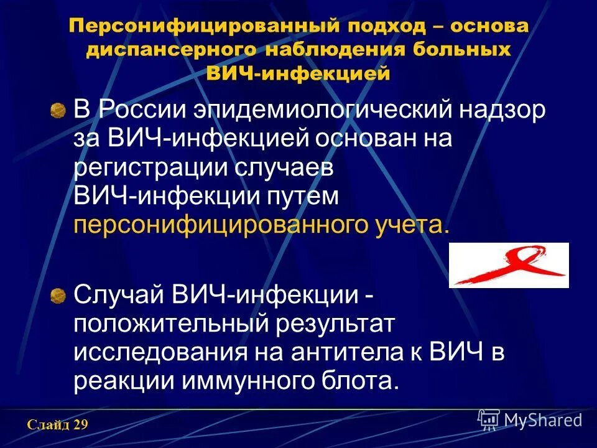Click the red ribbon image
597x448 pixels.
pyautogui.click(x=509, y=265)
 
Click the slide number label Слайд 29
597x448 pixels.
pyautogui.click(x=57, y=426)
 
